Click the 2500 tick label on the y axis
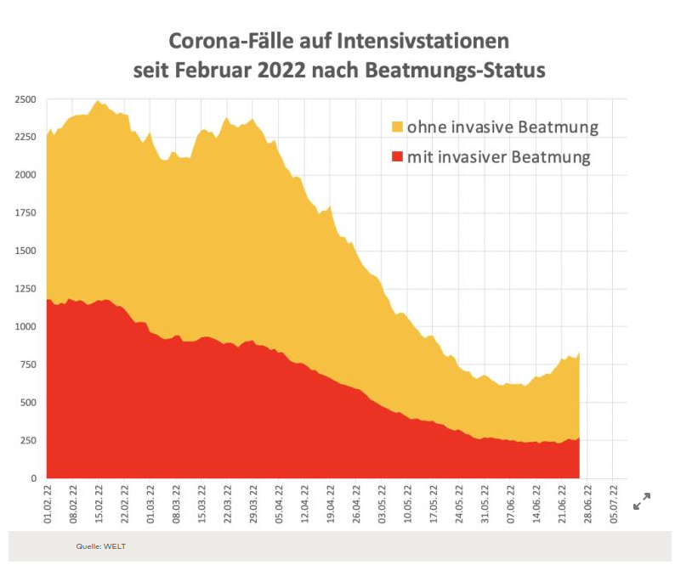[25, 99]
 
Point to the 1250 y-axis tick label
[25, 289]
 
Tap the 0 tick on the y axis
[33, 478]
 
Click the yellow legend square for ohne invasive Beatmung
[397, 127]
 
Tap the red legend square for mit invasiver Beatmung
[397, 157]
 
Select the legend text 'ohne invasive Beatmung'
[502, 127]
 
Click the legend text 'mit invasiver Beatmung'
[498, 157]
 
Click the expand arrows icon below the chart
[642, 501]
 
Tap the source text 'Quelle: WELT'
[100, 546]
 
